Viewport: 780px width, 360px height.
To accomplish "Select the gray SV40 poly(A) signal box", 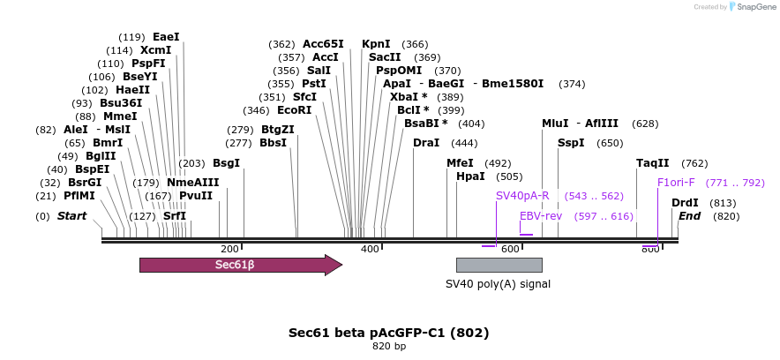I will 499,265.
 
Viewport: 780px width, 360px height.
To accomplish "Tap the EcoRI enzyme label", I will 294,110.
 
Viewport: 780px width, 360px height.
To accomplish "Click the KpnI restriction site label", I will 375,44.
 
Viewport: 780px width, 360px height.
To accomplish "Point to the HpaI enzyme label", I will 470,176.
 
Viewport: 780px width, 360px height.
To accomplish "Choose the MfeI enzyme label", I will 460,163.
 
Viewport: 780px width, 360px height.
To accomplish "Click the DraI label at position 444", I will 426,143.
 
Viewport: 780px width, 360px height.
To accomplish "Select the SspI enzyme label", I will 571,143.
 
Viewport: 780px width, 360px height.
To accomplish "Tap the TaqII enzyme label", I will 653,163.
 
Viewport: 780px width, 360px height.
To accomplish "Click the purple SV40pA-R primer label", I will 522,196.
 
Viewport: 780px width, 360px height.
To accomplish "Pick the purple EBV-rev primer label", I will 541,216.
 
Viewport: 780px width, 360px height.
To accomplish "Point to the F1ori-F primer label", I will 676,183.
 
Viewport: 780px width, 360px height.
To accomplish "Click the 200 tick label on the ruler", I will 229,250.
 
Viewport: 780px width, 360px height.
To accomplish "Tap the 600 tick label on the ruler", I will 510,250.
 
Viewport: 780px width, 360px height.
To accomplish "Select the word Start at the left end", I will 74,216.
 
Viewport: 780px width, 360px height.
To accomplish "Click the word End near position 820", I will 689,216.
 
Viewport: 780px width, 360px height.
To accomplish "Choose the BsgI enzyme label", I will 226,163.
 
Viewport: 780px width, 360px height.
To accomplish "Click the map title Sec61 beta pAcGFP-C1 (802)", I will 388,333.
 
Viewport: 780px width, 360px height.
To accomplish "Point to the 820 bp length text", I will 388,347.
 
